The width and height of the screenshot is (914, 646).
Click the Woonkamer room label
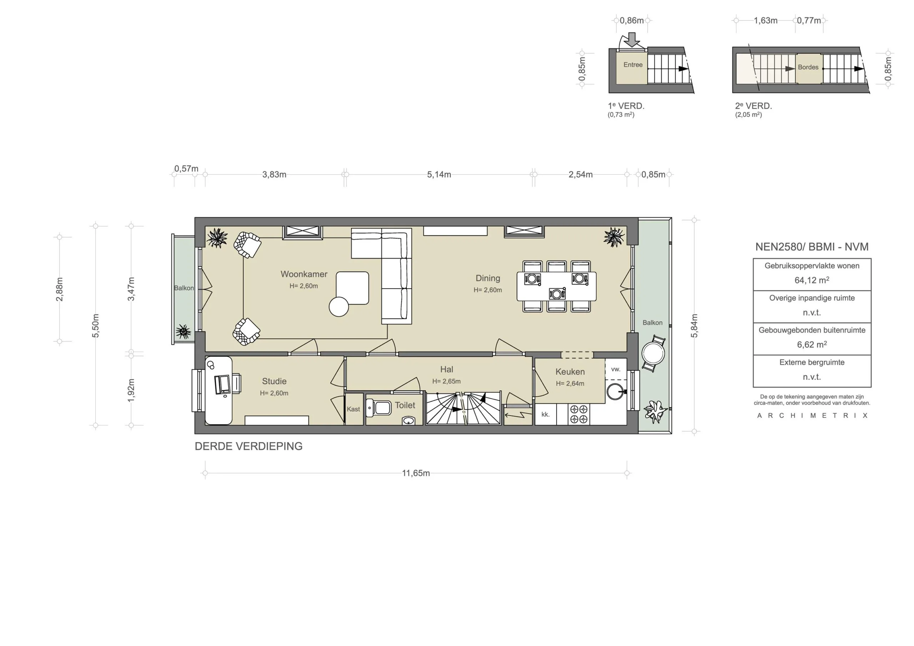point(304,274)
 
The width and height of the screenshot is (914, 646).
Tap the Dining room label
point(488,278)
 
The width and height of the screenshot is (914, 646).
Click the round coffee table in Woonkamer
point(339,307)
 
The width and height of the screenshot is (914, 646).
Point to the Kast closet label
point(353,409)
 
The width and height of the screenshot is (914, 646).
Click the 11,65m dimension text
point(416,473)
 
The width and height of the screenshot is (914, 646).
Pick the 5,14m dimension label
point(439,174)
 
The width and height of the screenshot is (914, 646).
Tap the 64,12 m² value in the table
point(812,280)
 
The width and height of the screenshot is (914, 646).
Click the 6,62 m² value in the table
point(812,345)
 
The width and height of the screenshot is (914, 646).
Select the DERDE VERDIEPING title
point(248,446)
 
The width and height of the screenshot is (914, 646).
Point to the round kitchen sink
point(616,391)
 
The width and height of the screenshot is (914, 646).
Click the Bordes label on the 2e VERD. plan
point(808,67)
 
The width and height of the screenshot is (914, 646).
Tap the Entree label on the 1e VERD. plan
point(633,65)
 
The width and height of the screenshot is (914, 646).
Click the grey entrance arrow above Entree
point(632,39)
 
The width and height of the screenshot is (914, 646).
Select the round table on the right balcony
point(653,353)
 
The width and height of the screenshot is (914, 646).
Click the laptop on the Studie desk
point(222,385)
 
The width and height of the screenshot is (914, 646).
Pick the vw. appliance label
point(616,369)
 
